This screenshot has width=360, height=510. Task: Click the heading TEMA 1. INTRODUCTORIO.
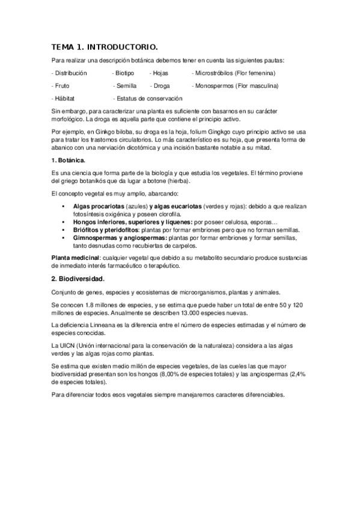click(x=105, y=46)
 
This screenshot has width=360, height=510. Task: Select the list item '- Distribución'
click(x=69, y=73)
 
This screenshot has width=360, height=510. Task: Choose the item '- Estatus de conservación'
click(x=147, y=98)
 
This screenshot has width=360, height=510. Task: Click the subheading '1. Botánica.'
click(x=69, y=161)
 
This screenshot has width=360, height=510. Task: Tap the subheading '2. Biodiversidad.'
click(x=78, y=278)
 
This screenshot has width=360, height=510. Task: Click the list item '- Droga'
click(x=161, y=85)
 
